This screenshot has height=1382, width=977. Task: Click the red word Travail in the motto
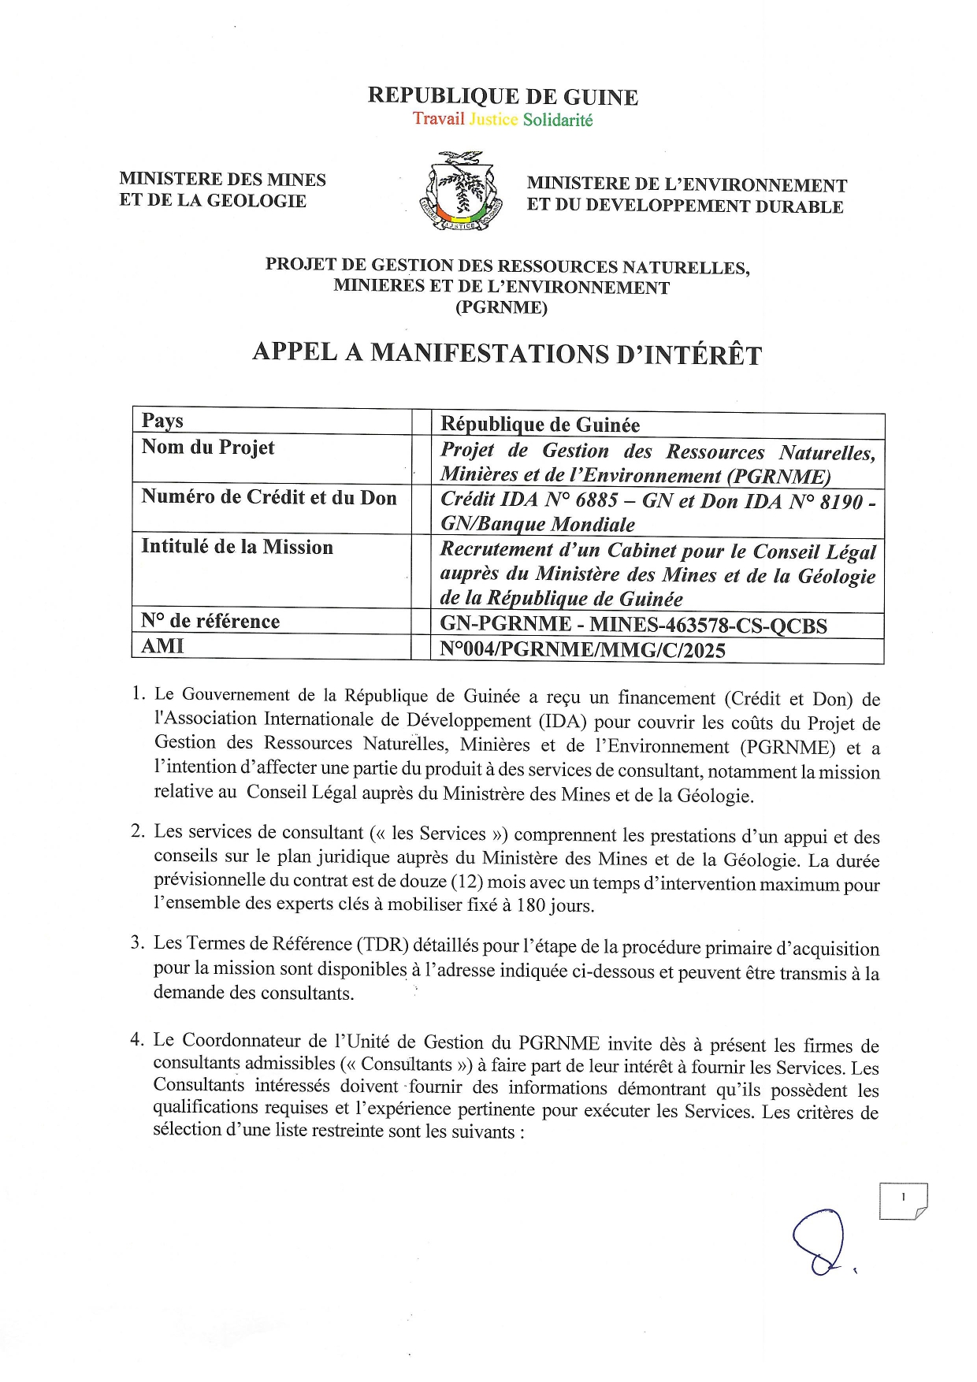tap(438, 119)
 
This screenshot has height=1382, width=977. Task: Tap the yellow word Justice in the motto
tap(493, 120)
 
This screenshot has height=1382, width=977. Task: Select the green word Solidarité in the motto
tap(558, 121)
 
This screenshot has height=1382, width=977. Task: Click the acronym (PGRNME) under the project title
tap(501, 308)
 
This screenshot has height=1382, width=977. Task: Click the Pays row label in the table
tap(162, 421)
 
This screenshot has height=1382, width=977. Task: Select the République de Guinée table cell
tap(540, 425)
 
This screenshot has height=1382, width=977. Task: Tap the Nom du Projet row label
tap(208, 448)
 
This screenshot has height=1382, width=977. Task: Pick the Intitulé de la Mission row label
tap(237, 547)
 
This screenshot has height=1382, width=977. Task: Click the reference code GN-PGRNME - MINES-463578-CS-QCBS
tap(633, 626)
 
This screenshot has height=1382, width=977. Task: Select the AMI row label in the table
tap(162, 647)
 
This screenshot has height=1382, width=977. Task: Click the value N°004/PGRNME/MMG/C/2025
tap(582, 651)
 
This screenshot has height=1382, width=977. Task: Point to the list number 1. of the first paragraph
tap(139, 693)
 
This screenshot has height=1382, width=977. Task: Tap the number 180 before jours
tap(531, 905)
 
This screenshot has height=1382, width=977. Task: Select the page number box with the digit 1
tap(903, 1201)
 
